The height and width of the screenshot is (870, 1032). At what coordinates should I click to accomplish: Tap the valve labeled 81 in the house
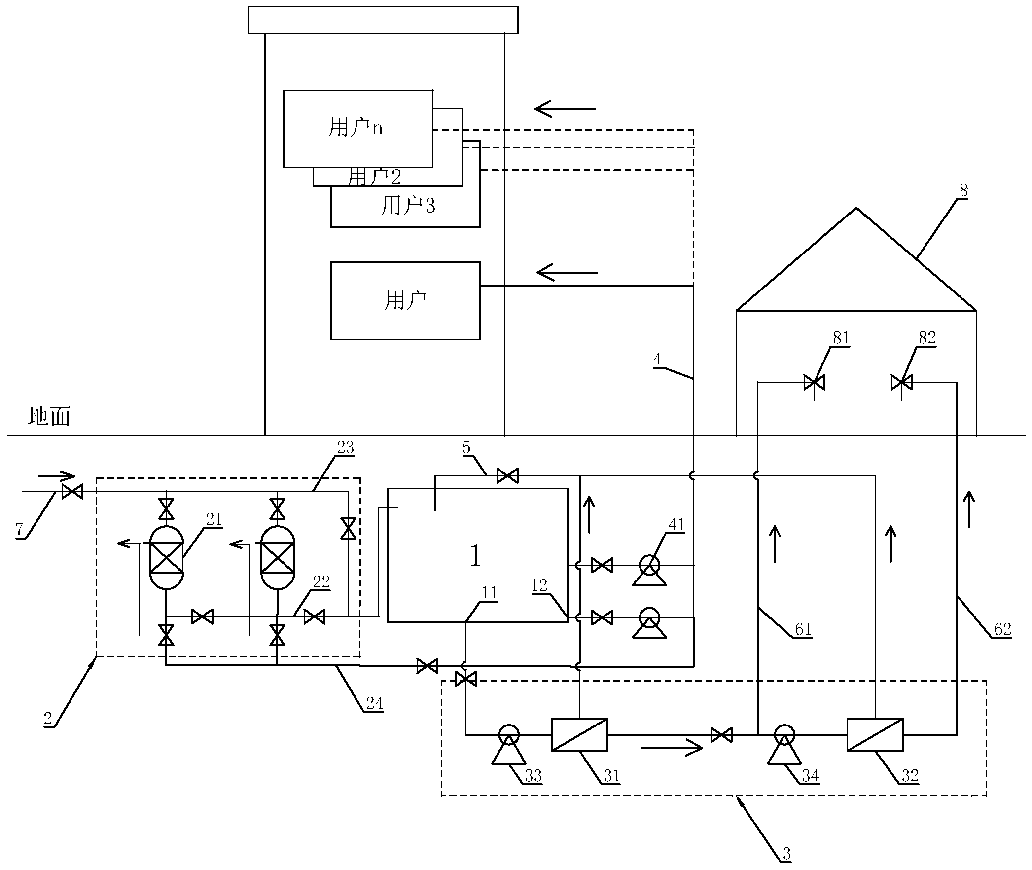click(814, 382)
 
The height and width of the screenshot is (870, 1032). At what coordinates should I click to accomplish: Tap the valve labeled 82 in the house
click(901, 382)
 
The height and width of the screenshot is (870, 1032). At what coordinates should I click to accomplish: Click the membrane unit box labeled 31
click(579, 734)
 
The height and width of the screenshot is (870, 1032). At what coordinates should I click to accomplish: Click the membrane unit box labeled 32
click(875, 734)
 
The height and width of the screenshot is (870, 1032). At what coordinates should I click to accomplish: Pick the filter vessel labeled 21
click(167, 557)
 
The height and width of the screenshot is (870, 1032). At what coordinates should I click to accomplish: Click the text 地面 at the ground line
click(49, 417)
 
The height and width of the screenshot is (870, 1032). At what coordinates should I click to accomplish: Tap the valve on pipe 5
click(507, 476)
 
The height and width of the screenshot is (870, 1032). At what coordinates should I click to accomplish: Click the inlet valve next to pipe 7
click(72, 492)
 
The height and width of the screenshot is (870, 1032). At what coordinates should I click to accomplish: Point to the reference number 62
click(1002, 629)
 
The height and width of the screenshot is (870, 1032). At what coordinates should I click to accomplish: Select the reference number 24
click(374, 703)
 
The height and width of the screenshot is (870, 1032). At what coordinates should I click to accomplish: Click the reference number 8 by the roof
click(963, 190)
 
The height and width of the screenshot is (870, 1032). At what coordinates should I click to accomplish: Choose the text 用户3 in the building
click(408, 206)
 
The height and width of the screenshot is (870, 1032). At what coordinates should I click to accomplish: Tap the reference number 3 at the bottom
click(786, 854)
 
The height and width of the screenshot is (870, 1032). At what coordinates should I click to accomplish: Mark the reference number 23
click(345, 448)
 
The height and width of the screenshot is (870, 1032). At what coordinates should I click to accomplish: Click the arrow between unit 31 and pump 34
click(672, 748)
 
